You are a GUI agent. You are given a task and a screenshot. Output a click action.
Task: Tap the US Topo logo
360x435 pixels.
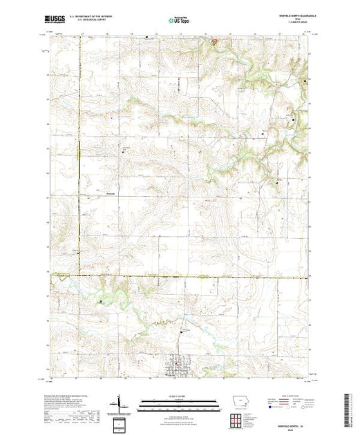click(179, 21)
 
